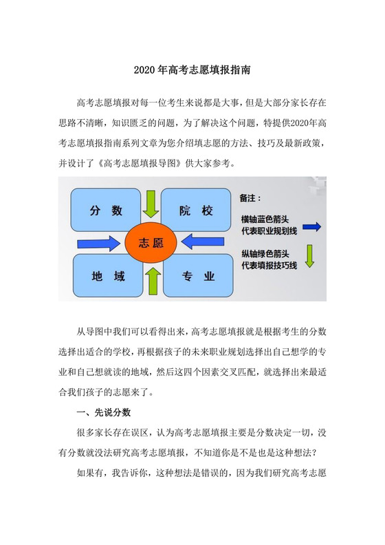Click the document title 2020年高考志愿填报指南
(192, 70)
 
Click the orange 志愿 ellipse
(151, 243)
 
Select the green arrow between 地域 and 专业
(152, 282)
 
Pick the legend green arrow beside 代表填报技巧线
(310, 256)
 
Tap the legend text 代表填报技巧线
(269, 266)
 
